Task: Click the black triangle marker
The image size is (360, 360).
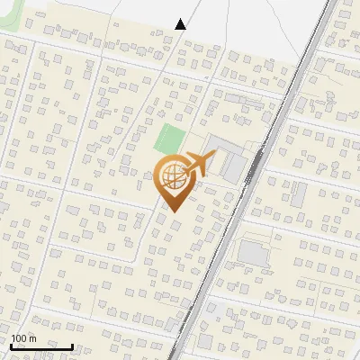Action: [x=181, y=24]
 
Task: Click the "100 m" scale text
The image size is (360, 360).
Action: [x=23, y=338]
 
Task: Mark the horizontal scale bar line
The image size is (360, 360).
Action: [x=41, y=346]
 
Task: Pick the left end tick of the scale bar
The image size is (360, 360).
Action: [x=11, y=345]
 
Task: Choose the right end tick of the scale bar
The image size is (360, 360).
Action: [x=72, y=345]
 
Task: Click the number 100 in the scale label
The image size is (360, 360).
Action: [x=19, y=338]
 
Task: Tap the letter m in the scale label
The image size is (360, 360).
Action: [x=31, y=339]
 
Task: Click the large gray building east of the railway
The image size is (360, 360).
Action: [x=254, y=253]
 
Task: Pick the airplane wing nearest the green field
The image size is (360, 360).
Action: [x=193, y=157]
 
